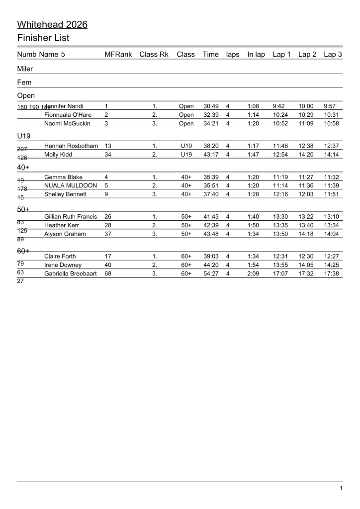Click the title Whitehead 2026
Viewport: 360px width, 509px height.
point(52,24)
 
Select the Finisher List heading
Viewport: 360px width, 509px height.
point(43,38)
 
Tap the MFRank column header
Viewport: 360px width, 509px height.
point(118,54)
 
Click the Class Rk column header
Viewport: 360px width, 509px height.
point(154,54)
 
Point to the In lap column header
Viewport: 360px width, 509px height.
point(256,54)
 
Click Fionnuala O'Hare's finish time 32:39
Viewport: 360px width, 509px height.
point(211,115)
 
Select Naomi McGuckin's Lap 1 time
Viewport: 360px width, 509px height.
point(281,123)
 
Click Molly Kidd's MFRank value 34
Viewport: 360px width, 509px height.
point(108,155)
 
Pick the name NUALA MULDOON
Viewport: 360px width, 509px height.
point(71,185)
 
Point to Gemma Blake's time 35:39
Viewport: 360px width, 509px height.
point(211,177)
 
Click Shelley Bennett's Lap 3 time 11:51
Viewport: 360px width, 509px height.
point(332,194)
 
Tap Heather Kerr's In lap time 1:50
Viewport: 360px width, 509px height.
point(254,225)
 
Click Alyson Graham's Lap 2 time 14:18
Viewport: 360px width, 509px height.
point(307,234)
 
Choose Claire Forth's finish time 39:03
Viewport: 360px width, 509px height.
point(211,256)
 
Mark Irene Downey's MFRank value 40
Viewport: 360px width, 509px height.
point(108,265)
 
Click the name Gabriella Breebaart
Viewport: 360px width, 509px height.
point(72,273)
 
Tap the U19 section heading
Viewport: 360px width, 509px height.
point(24,135)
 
